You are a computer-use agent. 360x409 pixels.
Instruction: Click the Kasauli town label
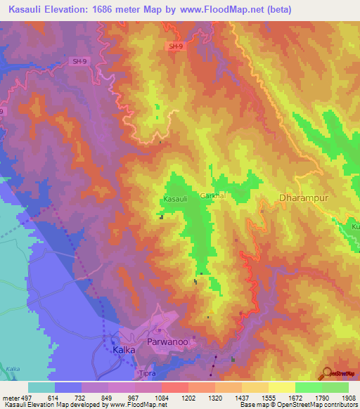click(175, 200)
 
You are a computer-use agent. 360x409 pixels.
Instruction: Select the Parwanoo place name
click(167, 341)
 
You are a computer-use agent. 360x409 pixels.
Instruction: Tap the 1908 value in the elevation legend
click(349, 397)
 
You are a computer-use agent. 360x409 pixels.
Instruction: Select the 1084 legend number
click(161, 397)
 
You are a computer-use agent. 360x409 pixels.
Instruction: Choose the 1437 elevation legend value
click(241, 397)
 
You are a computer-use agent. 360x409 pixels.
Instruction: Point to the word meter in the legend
click(11, 397)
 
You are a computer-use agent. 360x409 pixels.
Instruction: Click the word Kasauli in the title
click(28, 9)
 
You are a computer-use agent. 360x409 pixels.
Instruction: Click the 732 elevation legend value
click(81, 397)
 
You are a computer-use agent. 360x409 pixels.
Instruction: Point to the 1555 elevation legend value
click(268, 397)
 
